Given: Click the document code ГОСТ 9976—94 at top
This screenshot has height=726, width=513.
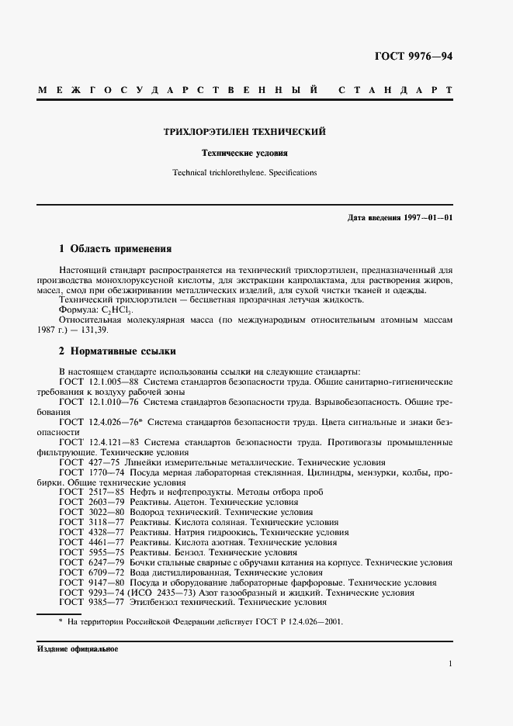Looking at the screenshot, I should [414, 57].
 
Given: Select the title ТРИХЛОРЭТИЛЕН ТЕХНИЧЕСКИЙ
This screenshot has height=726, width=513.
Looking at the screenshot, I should [244, 132].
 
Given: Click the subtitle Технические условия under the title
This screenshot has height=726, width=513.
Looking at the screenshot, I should [244, 153].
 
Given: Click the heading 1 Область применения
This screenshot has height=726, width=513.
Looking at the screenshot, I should [115, 249].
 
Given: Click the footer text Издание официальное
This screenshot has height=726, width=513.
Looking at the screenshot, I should [76, 648].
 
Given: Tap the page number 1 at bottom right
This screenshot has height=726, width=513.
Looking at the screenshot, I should [450, 664].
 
